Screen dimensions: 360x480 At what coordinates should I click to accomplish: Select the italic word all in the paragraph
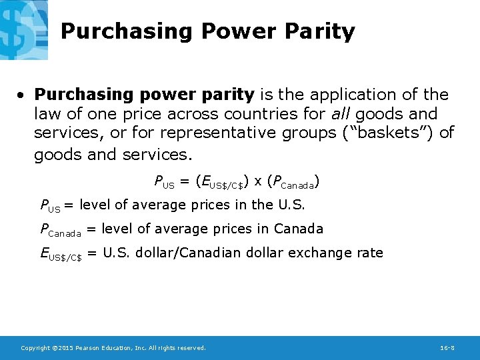[340, 114]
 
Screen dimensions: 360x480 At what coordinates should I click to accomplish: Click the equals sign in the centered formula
[184, 180]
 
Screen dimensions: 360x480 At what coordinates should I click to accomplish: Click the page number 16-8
[447, 348]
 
